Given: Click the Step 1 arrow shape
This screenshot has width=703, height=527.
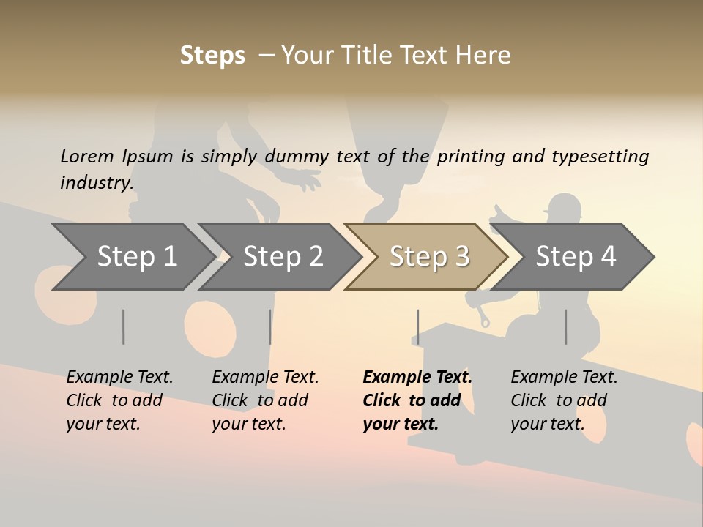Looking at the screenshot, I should pyautogui.click(x=135, y=257).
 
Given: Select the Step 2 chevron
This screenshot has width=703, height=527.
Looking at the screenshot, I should pyautogui.click(x=283, y=257).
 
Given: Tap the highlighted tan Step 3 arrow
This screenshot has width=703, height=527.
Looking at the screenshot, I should pyautogui.click(x=429, y=257).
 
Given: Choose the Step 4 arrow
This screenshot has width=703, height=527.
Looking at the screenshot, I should pyautogui.click(x=576, y=257).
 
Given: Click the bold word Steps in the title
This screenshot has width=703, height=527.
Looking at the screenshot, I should pyautogui.click(x=212, y=56).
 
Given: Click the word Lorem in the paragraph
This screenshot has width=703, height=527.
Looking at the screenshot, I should pyautogui.click(x=87, y=156).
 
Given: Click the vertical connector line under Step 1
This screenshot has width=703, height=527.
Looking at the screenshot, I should pyautogui.click(x=124, y=326).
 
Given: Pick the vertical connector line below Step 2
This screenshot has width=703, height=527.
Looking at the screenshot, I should pyautogui.click(x=270, y=326).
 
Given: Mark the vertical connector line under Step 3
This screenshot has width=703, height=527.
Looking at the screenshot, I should pyautogui.click(x=417, y=326).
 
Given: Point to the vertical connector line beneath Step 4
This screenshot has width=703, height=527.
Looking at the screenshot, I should pyautogui.click(x=565, y=326).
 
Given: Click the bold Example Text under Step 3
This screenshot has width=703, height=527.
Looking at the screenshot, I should pyautogui.click(x=417, y=378).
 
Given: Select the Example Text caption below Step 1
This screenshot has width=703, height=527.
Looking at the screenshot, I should pyautogui.click(x=119, y=378).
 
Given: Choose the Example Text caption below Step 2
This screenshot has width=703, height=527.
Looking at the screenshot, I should pyautogui.click(x=265, y=378).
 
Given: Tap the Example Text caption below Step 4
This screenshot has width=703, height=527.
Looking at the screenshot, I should pyautogui.click(x=564, y=378).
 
